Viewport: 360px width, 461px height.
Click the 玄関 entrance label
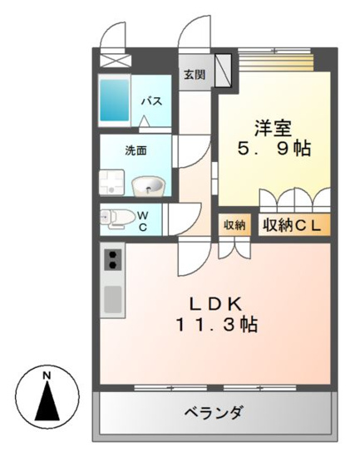(x=195, y=75)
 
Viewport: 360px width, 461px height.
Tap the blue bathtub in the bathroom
(x=115, y=100)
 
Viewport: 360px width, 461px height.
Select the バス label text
(x=151, y=101)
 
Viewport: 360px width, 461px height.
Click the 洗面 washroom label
(x=136, y=151)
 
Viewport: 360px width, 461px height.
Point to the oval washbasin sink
(x=147, y=186)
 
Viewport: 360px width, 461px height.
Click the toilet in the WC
(x=116, y=219)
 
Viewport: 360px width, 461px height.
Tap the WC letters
(x=143, y=221)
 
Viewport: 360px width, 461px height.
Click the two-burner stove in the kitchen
(x=113, y=259)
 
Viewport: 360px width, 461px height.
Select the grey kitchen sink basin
(x=113, y=299)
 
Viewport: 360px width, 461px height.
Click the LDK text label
(x=216, y=304)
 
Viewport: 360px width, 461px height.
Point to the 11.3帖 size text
(x=217, y=324)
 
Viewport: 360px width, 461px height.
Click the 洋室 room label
(x=274, y=128)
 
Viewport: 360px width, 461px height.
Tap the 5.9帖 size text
(x=274, y=148)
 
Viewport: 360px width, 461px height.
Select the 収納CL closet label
(x=292, y=225)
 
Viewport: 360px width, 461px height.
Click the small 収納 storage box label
(x=234, y=225)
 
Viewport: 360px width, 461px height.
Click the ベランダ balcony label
(x=215, y=413)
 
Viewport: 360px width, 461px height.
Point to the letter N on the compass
(x=47, y=375)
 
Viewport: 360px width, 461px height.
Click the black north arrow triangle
(x=47, y=400)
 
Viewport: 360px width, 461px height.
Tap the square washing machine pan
(x=111, y=182)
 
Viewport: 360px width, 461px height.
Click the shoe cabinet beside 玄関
(x=223, y=71)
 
